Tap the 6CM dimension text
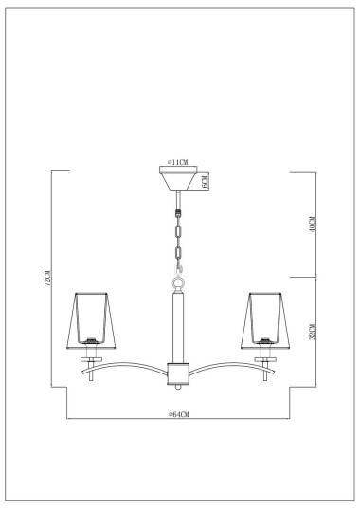[x=205, y=180]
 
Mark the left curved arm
[x=128, y=366]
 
